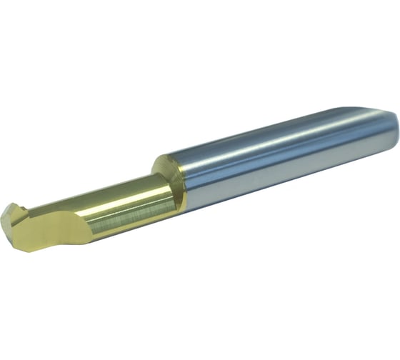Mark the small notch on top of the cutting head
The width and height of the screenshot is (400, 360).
pos(21,207)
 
